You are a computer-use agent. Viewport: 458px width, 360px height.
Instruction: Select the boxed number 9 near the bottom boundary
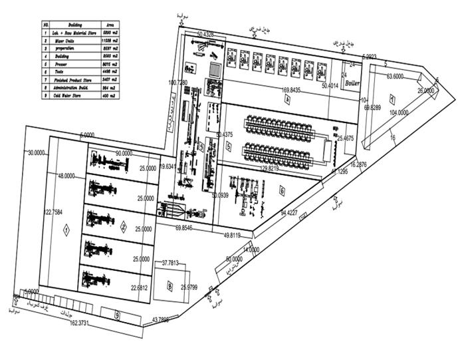[x=117, y=315]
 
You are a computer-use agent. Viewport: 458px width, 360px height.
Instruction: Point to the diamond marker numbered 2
[x=123, y=226]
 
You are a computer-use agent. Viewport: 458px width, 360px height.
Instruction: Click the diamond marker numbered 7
[x=392, y=100]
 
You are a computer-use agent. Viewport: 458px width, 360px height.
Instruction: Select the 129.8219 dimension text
[x=280, y=169]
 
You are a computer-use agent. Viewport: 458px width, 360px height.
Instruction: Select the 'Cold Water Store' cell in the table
[x=67, y=96]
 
